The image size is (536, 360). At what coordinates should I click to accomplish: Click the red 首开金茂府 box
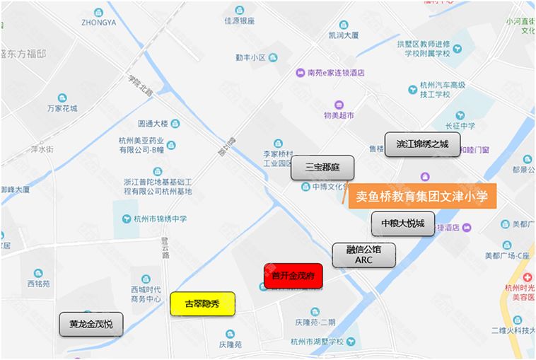click(293, 276)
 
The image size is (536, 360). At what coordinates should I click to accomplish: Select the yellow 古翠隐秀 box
click(202, 304)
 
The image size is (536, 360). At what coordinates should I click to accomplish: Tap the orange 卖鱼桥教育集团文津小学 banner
click(422, 196)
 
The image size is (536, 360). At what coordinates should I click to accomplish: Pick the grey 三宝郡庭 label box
click(322, 168)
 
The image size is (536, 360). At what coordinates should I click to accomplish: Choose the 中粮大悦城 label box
click(403, 223)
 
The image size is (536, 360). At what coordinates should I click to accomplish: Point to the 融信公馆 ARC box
click(363, 255)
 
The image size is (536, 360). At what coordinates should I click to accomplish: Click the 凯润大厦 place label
click(344, 33)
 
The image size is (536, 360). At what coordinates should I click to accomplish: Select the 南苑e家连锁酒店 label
click(335, 71)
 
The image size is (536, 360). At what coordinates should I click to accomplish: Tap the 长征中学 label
click(461, 126)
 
